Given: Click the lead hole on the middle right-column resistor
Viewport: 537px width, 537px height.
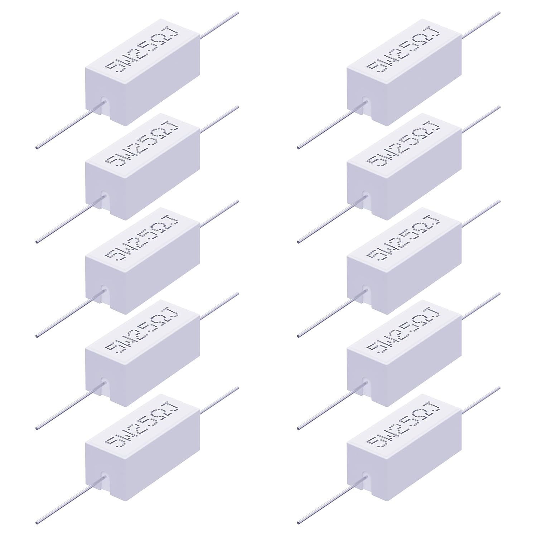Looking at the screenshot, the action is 366,288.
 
